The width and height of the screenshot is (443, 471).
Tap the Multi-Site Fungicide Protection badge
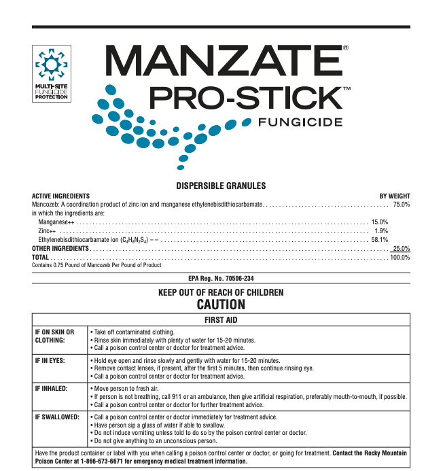click(52, 73)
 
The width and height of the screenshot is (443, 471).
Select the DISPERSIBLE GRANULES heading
click(221, 186)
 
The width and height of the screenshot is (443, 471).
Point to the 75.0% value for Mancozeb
click(401, 204)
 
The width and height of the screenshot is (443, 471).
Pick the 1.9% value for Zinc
click(381, 231)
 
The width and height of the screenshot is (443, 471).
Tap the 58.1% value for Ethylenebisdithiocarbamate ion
click(379, 240)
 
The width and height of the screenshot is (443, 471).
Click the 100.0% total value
click(400, 258)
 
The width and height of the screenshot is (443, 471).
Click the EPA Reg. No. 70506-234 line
click(221, 279)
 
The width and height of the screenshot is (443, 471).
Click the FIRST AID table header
click(221, 319)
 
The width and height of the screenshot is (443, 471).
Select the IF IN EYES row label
click(50, 360)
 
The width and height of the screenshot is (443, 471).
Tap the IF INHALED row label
click(50, 387)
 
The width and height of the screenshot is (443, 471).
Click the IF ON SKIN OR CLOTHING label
click(54, 335)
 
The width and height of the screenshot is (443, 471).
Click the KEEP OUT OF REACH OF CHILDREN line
click(221, 292)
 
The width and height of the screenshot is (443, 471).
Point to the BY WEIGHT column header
click(394, 196)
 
